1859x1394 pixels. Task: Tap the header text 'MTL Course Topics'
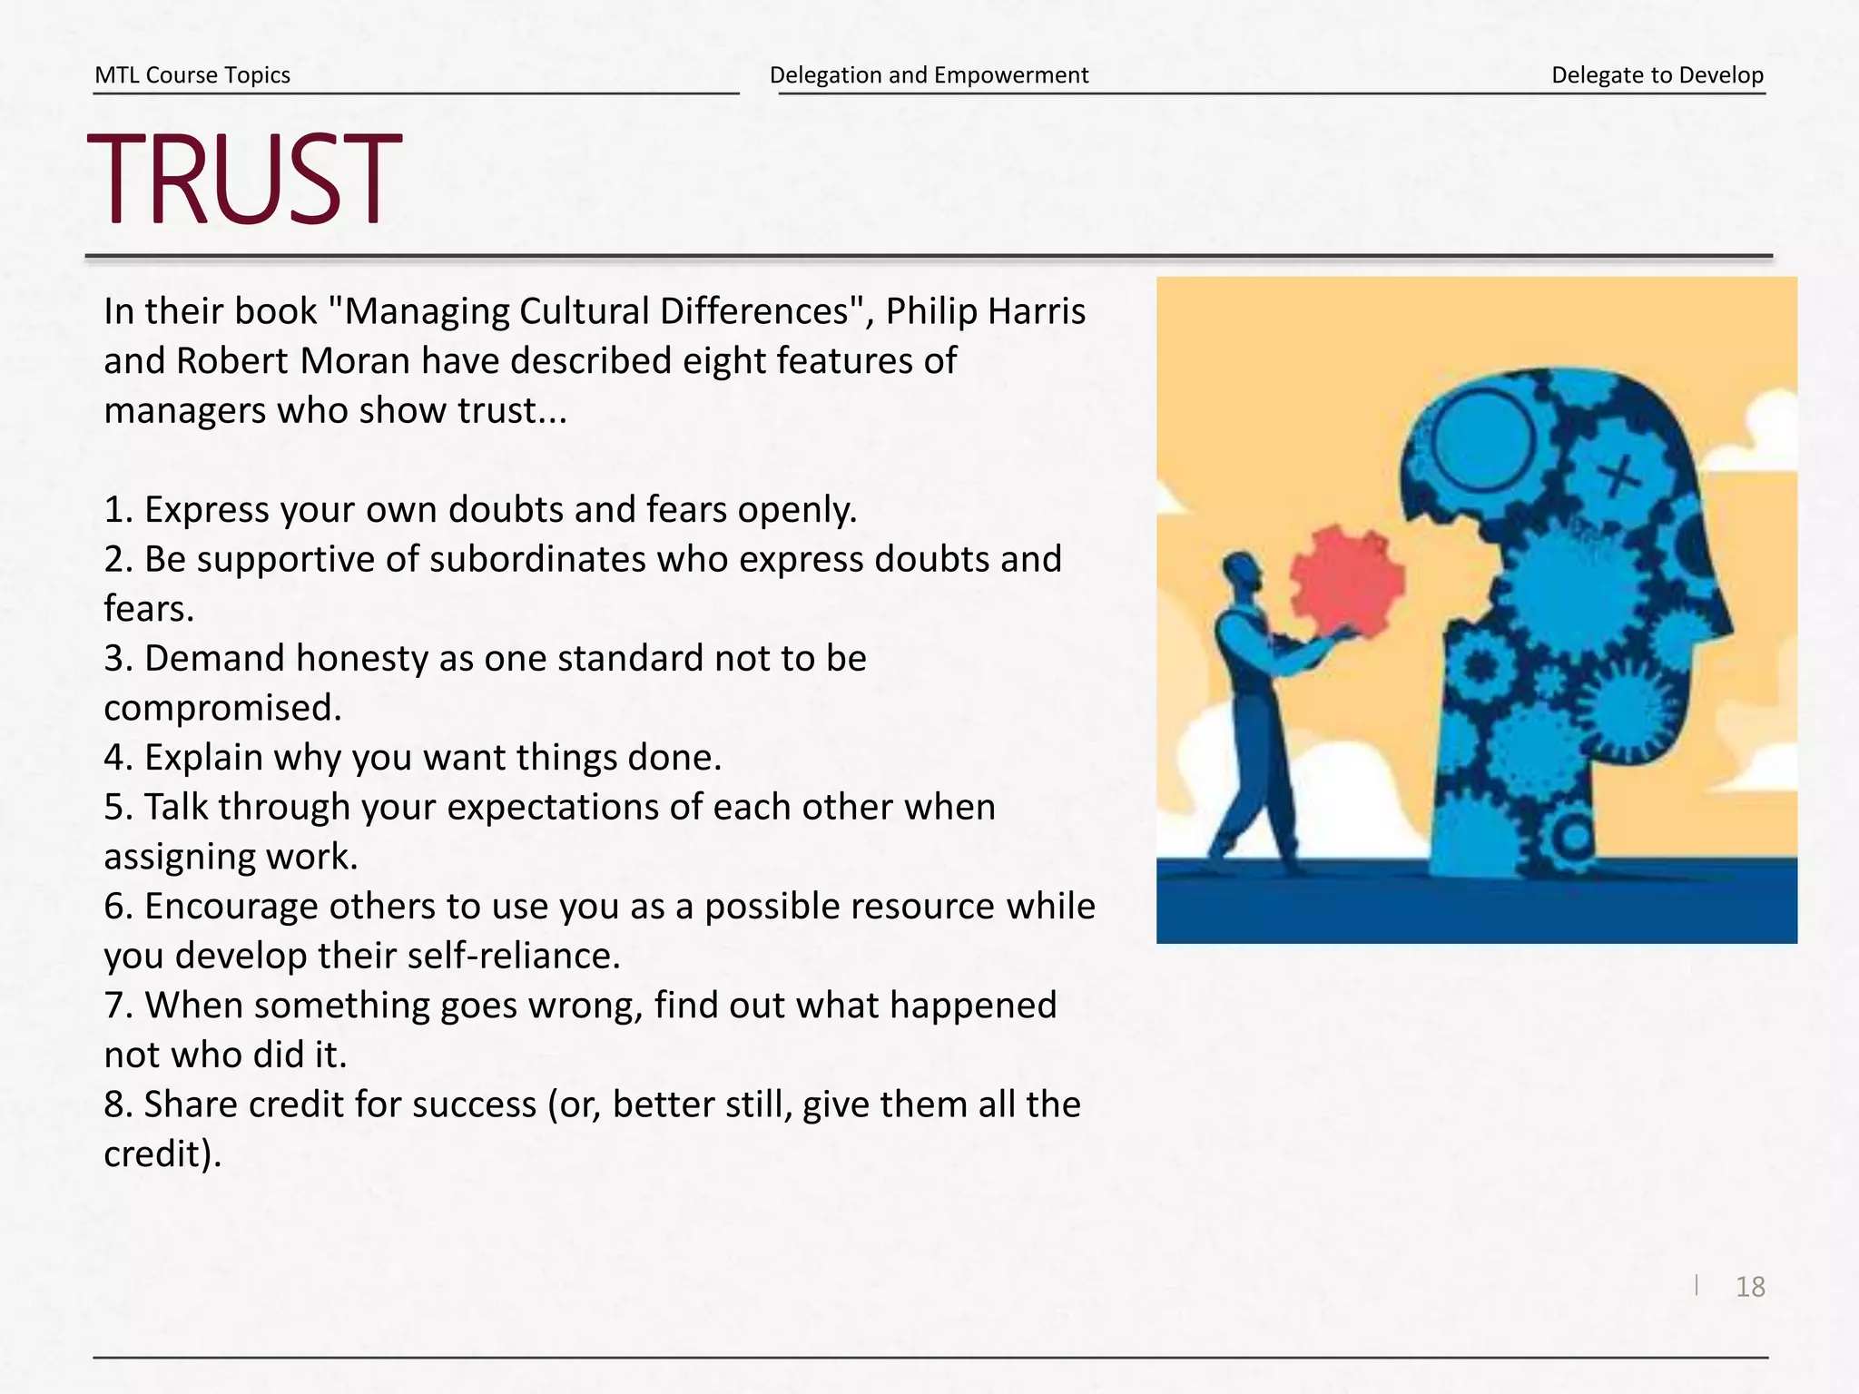coord(192,75)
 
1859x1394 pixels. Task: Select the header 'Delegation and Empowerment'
coord(929,75)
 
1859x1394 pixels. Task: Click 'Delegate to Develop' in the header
coord(1657,75)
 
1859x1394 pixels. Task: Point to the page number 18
coord(1750,1287)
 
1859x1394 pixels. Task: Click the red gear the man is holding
coord(1347,581)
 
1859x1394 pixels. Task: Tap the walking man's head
coord(1241,572)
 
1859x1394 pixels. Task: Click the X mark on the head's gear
coord(1618,476)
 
